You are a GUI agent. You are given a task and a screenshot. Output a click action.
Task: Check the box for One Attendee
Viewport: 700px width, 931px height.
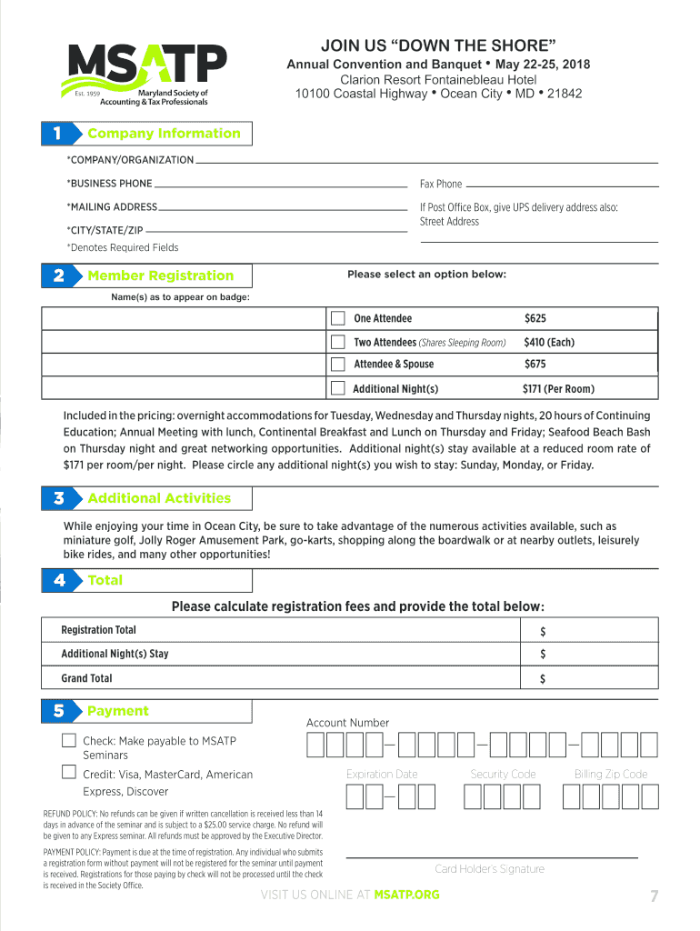(x=338, y=318)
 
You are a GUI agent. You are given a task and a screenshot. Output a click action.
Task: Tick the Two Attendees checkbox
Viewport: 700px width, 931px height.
(x=338, y=342)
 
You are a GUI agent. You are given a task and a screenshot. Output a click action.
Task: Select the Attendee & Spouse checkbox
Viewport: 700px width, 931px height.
(x=338, y=365)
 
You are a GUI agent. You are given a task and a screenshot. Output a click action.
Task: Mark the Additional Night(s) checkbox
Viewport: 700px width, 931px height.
(x=338, y=388)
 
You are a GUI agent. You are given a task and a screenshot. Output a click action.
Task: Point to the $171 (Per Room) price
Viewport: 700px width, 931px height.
(x=557, y=389)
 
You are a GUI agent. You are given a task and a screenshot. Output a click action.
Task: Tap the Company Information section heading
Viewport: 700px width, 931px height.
(x=164, y=134)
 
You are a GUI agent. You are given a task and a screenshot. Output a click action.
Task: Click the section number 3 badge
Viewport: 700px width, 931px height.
(x=59, y=498)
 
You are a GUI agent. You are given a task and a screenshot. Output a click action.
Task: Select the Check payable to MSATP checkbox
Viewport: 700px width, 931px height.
(x=69, y=740)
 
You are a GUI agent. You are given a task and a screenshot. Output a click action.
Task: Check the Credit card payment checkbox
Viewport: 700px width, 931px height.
(x=69, y=773)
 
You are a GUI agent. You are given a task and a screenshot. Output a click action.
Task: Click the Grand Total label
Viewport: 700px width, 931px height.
(x=86, y=678)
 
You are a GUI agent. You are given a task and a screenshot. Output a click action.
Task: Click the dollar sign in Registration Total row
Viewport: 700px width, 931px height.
(x=543, y=631)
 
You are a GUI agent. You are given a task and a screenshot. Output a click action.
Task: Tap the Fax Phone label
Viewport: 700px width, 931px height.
(x=441, y=184)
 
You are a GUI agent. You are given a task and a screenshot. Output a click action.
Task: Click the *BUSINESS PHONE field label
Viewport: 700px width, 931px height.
(x=109, y=184)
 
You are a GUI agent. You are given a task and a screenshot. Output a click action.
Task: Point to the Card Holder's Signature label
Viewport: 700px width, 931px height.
(x=489, y=869)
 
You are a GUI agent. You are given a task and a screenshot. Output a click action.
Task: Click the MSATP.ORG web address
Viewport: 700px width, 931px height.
(x=406, y=895)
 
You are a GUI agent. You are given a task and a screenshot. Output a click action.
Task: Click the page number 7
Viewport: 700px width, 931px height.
(x=653, y=897)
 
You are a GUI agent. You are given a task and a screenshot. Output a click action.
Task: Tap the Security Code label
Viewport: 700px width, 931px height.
(x=503, y=774)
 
